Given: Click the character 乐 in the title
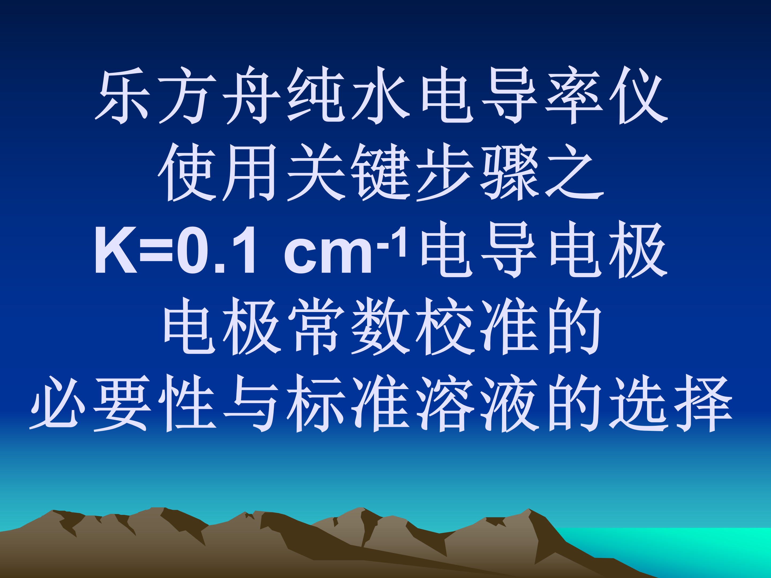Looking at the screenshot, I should click(x=123, y=95).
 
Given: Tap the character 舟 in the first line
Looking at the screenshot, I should click(x=251, y=95).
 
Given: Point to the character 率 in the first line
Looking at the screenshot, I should click(x=574, y=95).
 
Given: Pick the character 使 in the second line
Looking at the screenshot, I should click(x=187, y=172).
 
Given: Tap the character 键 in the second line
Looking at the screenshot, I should click(x=381, y=172).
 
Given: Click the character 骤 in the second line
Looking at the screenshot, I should click(x=510, y=172).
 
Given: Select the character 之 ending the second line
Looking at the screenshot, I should click(x=574, y=172).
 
